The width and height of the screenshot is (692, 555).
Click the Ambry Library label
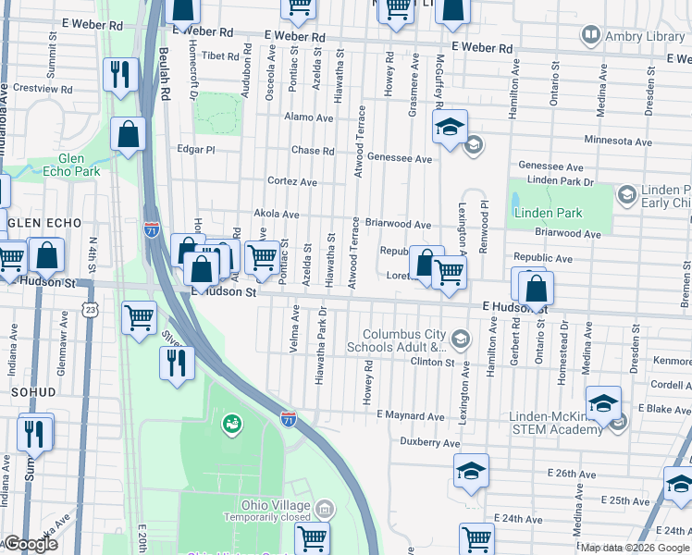634,35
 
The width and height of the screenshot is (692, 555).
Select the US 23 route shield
90,305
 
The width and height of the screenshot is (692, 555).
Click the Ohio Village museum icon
325,508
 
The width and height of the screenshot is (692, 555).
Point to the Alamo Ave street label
309,118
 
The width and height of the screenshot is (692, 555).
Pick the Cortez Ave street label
292,181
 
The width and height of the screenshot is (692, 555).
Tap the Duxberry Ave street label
430,443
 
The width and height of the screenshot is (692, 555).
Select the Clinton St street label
433,362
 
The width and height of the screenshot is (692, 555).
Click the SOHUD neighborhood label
34,392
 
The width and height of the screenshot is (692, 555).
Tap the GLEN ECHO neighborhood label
44,224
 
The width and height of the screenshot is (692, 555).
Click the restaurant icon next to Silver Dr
176,363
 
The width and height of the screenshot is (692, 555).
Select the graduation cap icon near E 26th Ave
471,472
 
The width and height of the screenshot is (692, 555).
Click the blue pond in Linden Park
515,200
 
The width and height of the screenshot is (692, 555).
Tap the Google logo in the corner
30,544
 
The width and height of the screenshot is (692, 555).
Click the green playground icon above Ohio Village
229,425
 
